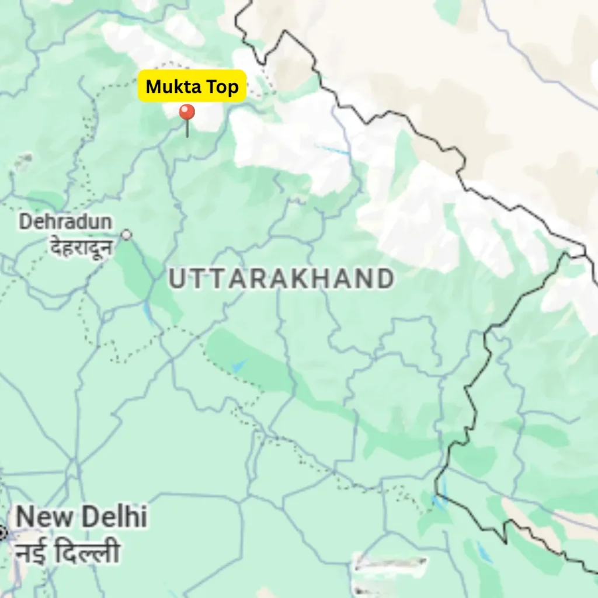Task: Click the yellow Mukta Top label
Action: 192,86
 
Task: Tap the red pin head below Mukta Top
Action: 187,113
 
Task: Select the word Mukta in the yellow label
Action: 170,86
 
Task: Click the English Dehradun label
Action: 65,222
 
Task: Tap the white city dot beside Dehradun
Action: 126,235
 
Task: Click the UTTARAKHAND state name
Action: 281,279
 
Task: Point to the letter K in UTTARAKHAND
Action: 303,279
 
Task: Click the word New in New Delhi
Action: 45,517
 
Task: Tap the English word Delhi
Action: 114,517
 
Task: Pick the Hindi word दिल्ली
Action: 88,551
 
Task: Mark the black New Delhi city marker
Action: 2,532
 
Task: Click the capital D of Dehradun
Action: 26,222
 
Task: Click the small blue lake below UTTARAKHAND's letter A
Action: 238,367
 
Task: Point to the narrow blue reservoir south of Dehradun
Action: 148,314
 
